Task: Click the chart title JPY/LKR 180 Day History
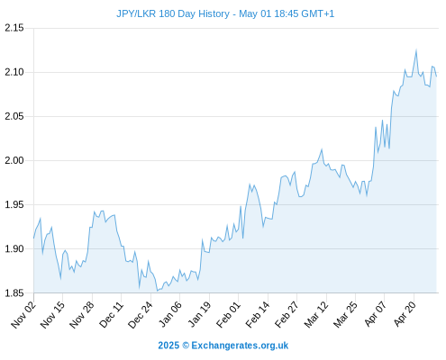[173, 13]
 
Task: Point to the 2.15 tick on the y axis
[14, 28]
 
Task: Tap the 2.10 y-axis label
[14, 72]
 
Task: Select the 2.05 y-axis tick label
[14, 116]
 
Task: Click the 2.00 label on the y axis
[14, 160]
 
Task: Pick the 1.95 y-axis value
[14, 204]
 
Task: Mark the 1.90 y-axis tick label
[14, 248]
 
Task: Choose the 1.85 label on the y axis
[14, 292]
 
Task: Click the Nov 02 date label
[23, 315]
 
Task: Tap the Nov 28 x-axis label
[82, 315]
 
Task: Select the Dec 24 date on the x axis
[141, 315]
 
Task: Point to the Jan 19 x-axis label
[199, 315]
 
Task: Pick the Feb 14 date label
[258, 315]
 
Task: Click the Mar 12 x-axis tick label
[316, 315]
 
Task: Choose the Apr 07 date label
[375, 314]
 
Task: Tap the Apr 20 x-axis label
[405, 314]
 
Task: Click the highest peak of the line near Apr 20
[416, 50]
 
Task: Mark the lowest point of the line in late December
[157, 291]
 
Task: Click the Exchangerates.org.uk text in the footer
[240, 346]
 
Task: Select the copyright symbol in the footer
[186, 346]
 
